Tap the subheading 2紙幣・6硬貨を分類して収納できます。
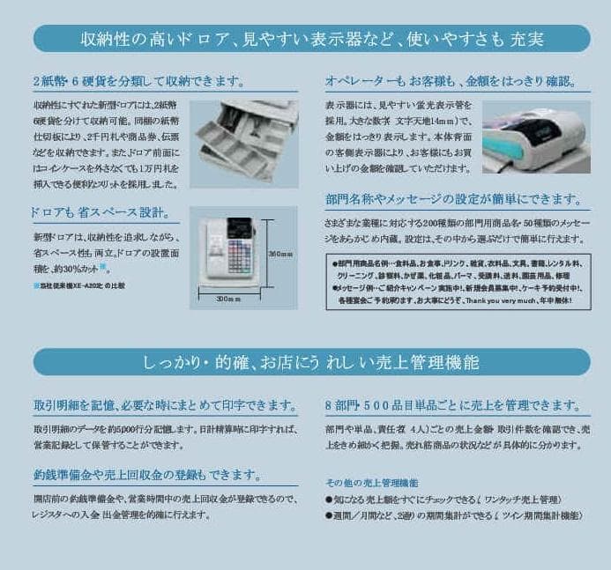[x=138, y=81]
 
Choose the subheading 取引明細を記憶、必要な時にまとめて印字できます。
[x=164, y=405]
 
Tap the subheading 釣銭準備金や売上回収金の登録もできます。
[x=146, y=475]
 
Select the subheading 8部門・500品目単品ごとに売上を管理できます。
[x=452, y=405]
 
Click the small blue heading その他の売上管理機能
[x=371, y=483]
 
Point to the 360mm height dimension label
[x=280, y=254]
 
